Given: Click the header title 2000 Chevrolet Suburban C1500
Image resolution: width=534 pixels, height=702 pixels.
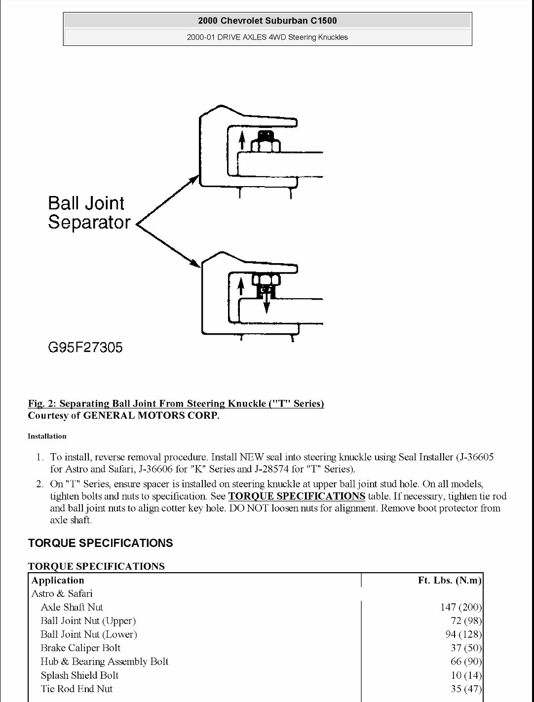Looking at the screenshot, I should pos(267,21).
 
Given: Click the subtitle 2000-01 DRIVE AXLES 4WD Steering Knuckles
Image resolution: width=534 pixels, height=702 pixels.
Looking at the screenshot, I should pos(267,37).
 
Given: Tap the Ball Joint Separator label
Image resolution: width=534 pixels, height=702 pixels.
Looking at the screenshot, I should pos(88,213).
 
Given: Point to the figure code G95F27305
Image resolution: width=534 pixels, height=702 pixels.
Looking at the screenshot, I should pos(85,348).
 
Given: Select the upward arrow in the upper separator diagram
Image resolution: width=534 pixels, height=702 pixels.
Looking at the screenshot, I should pos(242,140).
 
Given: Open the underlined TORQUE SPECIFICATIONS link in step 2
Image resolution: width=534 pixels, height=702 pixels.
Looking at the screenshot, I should pos(297,496).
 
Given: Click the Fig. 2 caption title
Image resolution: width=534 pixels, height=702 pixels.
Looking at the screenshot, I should pos(176,403).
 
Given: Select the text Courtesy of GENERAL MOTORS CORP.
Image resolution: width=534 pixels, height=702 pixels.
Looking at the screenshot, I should pos(123,415).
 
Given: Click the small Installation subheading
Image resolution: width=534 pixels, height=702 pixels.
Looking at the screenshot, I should pos(47,436).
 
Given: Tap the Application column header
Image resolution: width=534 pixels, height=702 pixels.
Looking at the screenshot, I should pos(58,580).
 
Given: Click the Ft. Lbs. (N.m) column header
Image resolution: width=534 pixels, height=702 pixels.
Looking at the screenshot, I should pos(449,580).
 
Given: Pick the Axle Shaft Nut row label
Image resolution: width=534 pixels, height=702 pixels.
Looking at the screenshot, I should pos(72,607).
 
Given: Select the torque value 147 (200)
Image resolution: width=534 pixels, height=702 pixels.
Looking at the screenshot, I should pos(460,607).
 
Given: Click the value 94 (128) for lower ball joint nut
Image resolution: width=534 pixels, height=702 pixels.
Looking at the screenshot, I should pos(463,634).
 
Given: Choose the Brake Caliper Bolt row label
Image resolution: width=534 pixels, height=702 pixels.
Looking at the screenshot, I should pos(80,648).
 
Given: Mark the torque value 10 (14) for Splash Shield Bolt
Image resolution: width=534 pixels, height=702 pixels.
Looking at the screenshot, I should pos(466,675).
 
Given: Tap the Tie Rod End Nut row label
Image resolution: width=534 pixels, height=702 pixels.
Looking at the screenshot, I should pos(76,689).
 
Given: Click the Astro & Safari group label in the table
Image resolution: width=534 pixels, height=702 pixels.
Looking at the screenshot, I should pos(62,593).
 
